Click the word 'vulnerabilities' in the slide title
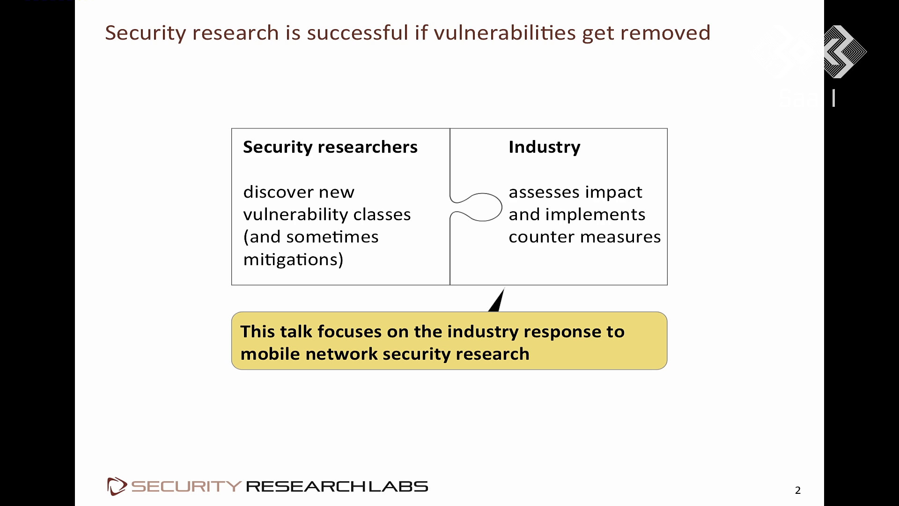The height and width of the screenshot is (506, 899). (x=505, y=33)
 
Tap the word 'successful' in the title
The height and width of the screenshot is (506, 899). (x=358, y=33)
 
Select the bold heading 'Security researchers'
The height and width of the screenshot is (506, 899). (x=330, y=147)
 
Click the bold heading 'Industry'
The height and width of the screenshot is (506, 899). (x=545, y=147)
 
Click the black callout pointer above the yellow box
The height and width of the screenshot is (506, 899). (x=497, y=299)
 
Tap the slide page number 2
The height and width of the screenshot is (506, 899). (x=798, y=490)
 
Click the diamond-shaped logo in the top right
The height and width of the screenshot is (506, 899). (x=845, y=52)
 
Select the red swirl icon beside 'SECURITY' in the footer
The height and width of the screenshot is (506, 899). (x=117, y=486)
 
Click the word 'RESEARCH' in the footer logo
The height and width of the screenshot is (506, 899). (x=305, y=486)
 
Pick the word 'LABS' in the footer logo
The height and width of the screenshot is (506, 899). (x=398, y=486)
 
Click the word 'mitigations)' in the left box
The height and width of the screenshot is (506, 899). (x=293, y=259)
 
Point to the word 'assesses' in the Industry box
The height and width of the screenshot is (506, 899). (x=544, y=192)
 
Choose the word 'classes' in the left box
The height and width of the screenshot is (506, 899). (x=382, y=215)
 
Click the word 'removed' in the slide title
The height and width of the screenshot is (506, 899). (x=665, y=33)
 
